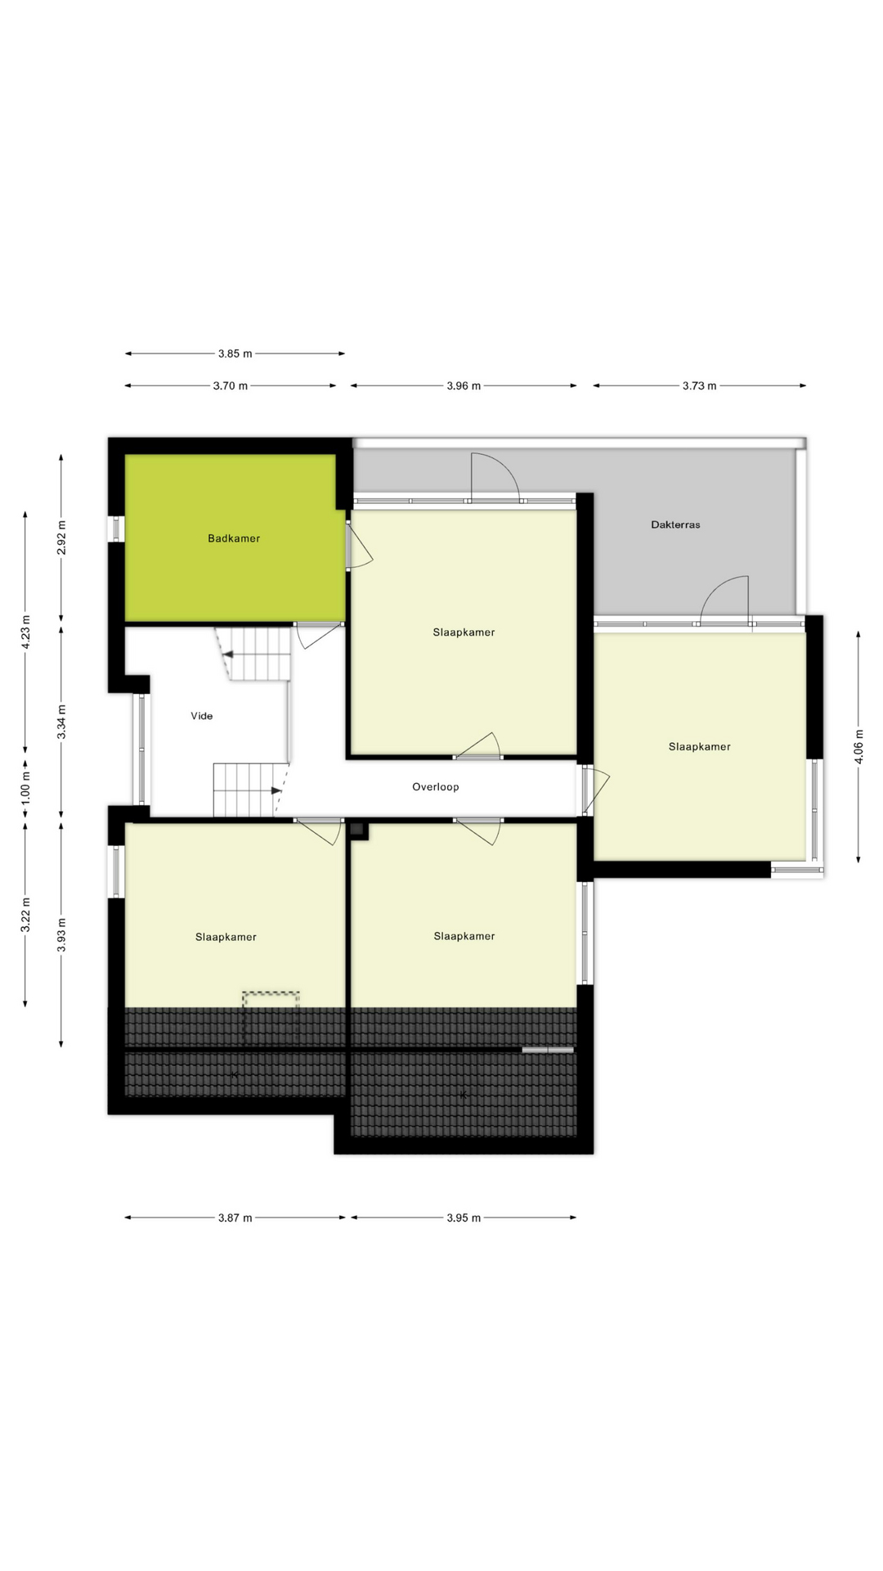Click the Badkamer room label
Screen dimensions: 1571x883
coord(234,538)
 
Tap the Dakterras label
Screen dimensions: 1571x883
coord(675,524)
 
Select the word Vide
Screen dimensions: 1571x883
coord(202,716)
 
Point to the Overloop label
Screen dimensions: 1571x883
coord(435,787)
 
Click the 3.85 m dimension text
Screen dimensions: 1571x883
coord(235,354)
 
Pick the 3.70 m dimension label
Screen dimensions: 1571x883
coord(230,386)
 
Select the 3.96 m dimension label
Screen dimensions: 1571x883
coord(464,386)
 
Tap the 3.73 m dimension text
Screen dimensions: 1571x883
coord(699,386)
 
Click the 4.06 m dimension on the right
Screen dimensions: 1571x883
coord(858,746)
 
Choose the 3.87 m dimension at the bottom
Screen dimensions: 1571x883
coord(235,1218)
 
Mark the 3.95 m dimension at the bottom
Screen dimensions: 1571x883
coord(464,1218)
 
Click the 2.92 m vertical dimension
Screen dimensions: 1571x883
coord(61,538)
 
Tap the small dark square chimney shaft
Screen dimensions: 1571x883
coord(357,830)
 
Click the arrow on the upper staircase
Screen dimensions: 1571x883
coord(228,655)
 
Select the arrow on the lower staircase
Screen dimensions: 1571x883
coord(276,791)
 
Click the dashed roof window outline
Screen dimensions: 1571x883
coord(271,1016)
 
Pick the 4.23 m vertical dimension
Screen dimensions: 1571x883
coord(25,631)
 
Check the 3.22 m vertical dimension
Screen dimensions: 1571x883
coord(25,915)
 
